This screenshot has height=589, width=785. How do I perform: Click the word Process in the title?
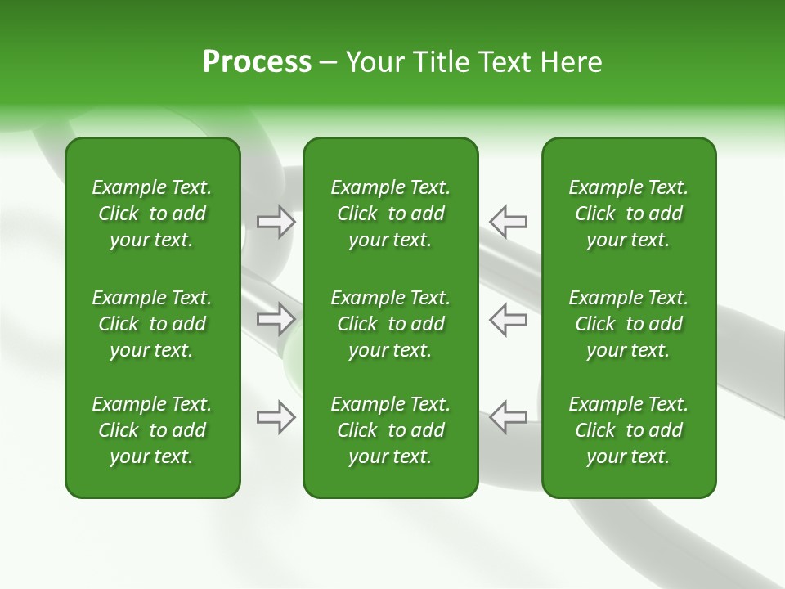(x=257, y=62)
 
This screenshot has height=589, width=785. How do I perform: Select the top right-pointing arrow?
(x=276, y=222)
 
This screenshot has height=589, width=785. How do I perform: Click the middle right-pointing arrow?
(x=276, y=319)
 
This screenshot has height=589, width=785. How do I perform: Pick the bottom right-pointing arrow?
(x=276, y=417)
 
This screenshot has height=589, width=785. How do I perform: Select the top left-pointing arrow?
(x=508, y=222)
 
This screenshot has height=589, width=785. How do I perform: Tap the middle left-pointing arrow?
(x=508, y=319)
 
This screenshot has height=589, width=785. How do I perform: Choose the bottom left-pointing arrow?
(x=508, y=417)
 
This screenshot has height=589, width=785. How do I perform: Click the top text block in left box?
(x=152, y=214)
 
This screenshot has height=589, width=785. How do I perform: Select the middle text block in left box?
(x=152, y=324)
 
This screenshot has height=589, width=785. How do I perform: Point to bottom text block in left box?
(x=152, y=430)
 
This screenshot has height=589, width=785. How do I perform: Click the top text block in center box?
(x=390, y=214)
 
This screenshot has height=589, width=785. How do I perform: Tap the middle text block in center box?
(x=390, y=324)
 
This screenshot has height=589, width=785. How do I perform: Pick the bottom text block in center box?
(x=390, y=430)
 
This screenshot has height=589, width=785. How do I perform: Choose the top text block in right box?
(x=628, y=214)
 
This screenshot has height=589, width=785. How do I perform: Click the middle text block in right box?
(x=628, y=324)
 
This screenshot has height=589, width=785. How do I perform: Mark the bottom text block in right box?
(x=628, y=430)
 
